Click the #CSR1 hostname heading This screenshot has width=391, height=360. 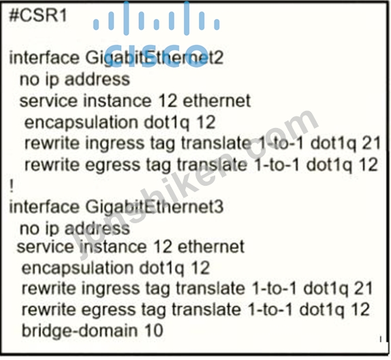click(x=38, y=16)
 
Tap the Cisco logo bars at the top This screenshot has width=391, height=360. click(x=157, y=18)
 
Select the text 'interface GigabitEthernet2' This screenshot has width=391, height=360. click(x=116, y=59)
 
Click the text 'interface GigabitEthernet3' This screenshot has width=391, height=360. click(x=116, y=208)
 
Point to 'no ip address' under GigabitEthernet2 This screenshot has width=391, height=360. click(x=75, y=80)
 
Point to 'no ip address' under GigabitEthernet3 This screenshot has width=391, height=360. click(x=75, y=228)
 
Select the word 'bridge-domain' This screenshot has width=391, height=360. click(x=80, y=330)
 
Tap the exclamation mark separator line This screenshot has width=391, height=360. click(x=11, y=186)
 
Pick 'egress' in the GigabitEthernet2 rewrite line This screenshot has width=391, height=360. click(x=113, y=165)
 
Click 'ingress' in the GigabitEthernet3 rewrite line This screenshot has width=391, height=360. click(x=111, y=289)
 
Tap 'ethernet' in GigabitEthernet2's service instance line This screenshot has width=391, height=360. click(x=217, y=101)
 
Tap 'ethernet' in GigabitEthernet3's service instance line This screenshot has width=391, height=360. click(x=211, y=246)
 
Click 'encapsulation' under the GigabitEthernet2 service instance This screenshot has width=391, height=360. click(x=81, y=123)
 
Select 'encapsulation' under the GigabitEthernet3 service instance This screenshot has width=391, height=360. click(x=78, y=269)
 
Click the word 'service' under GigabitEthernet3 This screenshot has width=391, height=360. click(x=45, y=247)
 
